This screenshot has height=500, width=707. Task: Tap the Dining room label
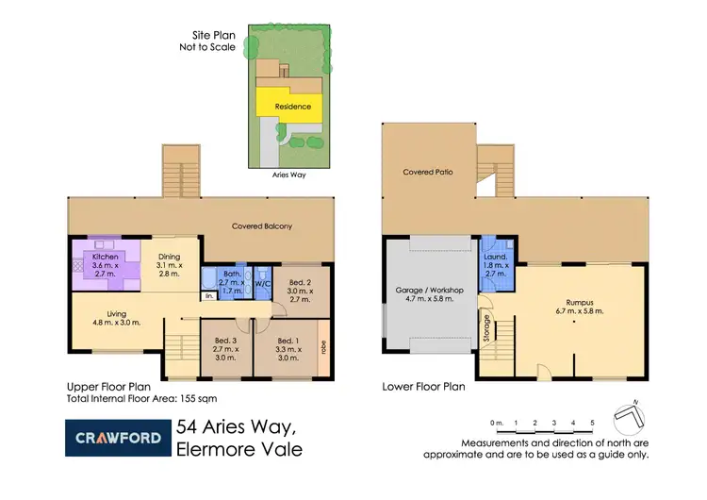168,256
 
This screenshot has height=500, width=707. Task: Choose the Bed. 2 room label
299,282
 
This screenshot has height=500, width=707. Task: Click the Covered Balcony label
262,226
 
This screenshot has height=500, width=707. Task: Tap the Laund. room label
497,257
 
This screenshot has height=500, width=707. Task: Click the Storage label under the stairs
486,325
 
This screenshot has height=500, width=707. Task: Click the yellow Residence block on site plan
291,107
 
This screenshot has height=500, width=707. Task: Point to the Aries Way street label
288,175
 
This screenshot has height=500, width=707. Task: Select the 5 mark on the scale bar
592,423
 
